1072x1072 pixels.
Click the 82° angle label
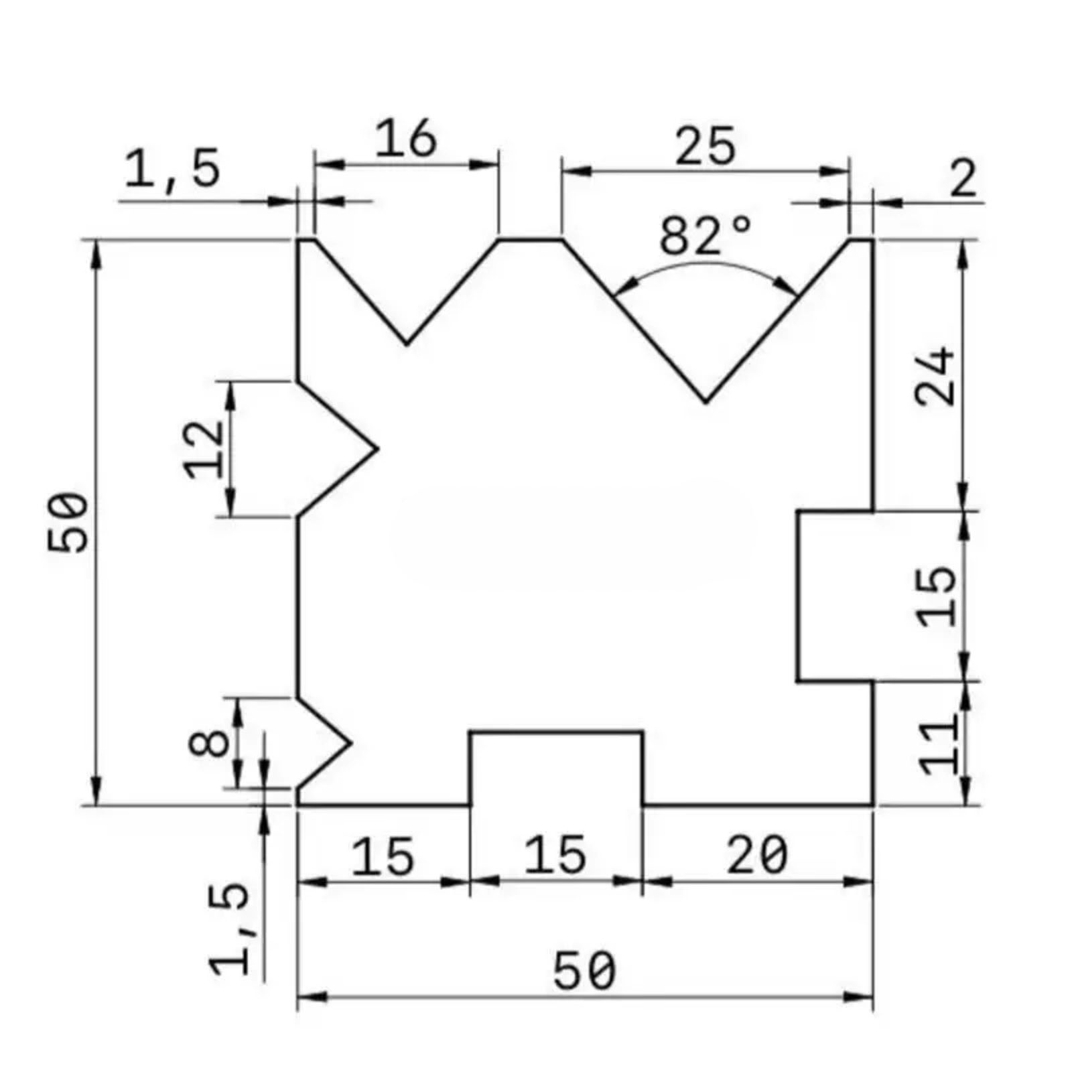(x=704, y=236)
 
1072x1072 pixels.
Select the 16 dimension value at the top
(x=405, y=139)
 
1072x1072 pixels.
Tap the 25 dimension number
(x=705, y=147)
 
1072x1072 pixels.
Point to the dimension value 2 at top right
(x=963, y=180)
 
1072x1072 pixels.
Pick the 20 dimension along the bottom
(x=757, y=856)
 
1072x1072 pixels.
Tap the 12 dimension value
(x=204, y=449)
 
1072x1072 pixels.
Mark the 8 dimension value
(x=209, y=743)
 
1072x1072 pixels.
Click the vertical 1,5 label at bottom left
(x=230, y=929)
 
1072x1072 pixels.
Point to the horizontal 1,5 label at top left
(x=172, y=169)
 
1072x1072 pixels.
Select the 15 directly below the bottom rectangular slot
(x=555, y=856)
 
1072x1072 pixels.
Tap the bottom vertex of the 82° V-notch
(x=705, y=402)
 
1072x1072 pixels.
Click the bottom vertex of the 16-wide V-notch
(x=407, y=344)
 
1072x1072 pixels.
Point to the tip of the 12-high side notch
(x=377, y=449)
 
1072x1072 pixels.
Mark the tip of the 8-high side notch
(x=350, y=742)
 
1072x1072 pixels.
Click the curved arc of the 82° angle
(x=705, y=264)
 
